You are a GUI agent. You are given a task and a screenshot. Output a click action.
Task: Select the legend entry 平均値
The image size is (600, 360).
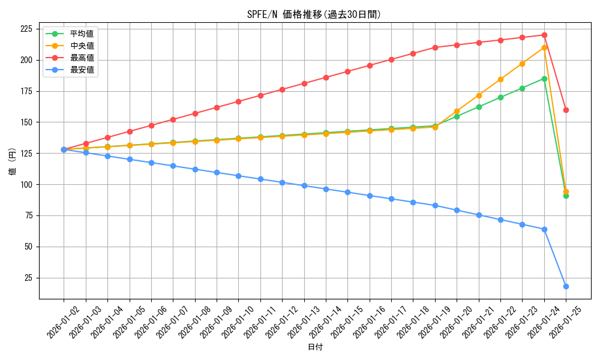[x=82, y=34]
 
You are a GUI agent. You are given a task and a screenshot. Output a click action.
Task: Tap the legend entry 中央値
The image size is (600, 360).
[x=82, y=46]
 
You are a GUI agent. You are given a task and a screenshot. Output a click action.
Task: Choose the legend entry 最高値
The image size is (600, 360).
[x=82, y=58]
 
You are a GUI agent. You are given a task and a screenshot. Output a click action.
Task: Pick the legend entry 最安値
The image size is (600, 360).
[x=82, y=70]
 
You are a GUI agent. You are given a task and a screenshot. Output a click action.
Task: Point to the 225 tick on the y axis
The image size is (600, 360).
[x=26, y=29]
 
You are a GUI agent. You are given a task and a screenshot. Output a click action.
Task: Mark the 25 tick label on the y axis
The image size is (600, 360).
[x=29, y=278]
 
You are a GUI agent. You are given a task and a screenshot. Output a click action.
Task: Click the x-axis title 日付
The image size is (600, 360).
[x=315, y=347]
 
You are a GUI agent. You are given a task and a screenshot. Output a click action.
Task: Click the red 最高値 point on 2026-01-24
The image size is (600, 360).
[x=544, y=35]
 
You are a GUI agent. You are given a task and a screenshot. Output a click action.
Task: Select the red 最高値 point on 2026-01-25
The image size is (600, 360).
[x=566, y=110]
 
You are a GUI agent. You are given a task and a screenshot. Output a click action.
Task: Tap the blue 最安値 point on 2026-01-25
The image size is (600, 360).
[x=566, y=286]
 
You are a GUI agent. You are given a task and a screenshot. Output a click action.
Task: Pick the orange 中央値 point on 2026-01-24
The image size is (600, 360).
[x=544, y=47]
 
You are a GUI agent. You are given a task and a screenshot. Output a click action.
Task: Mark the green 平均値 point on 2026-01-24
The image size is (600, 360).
[x=544, y=79]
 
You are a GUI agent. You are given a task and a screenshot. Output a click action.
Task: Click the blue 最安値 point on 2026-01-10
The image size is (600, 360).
[x=238, y=176]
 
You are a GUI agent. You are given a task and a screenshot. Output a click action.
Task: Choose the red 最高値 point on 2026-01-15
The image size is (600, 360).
[x=347, y=71]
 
